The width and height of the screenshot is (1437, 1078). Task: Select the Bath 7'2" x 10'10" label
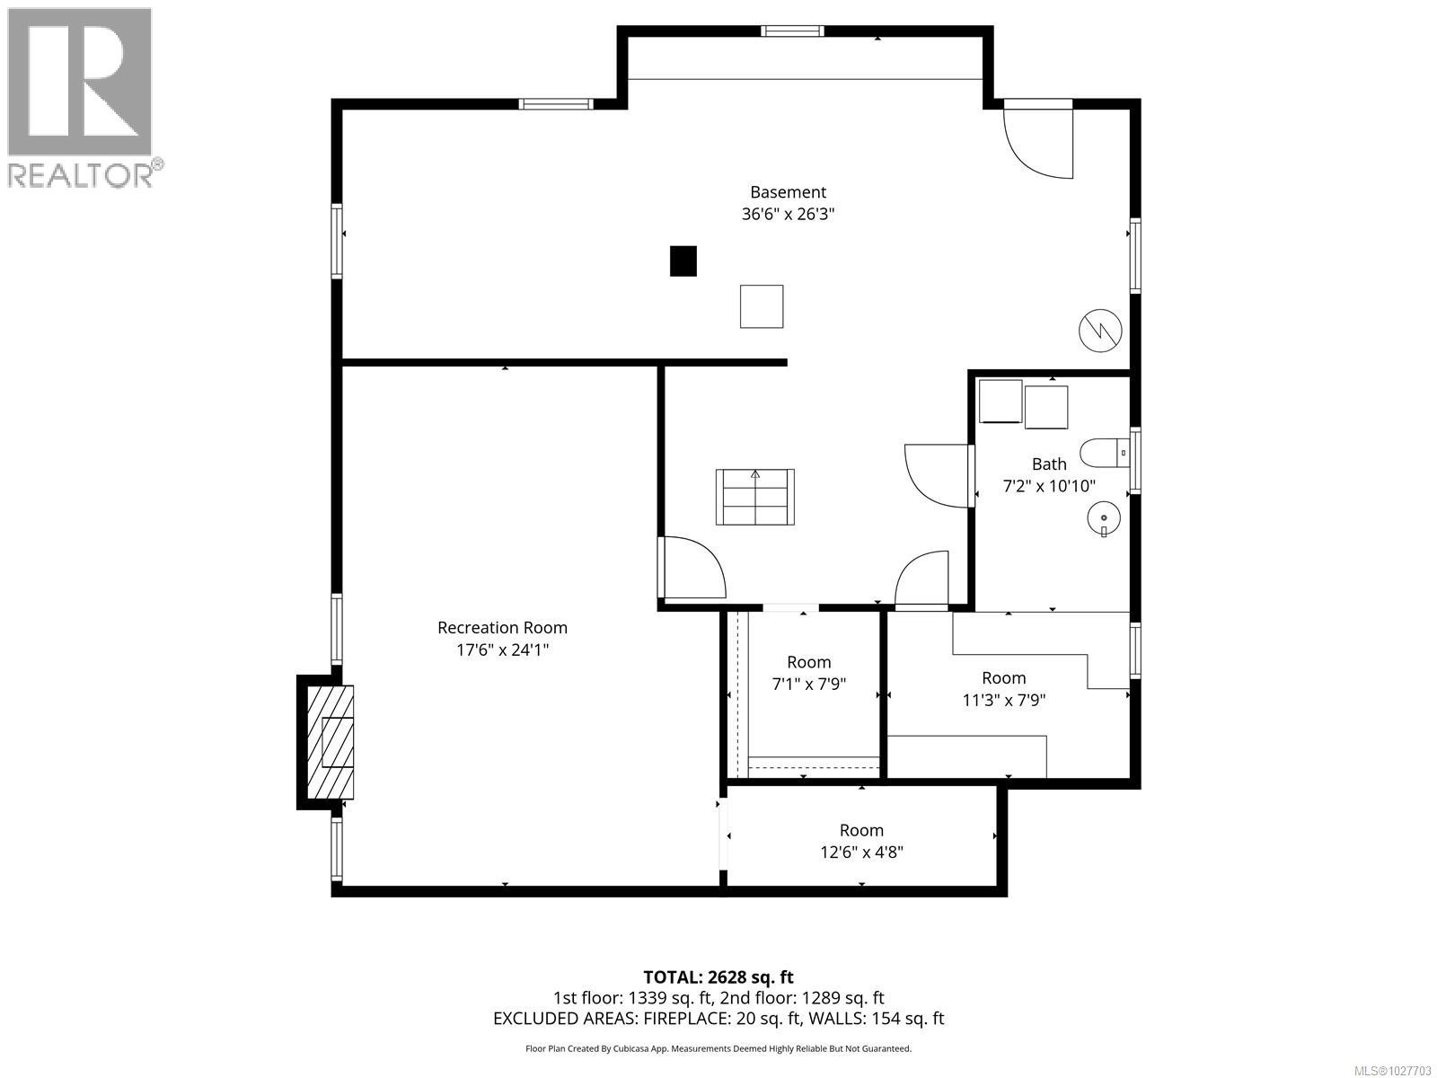(x=1048, y=474)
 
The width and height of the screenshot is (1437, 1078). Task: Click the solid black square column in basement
(x=683, y=261)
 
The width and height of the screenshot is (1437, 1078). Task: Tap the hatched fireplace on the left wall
(x=331, y=742)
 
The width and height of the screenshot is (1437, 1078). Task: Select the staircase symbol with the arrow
(x=755, y=497)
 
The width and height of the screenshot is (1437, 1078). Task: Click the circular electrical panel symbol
(x=1100, y=331)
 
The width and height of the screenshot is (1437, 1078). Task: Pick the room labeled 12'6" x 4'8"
(x=861, y=841)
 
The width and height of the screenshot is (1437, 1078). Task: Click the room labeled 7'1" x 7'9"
(x=808, y=673)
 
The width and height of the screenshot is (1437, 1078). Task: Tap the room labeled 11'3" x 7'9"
(x=1003, y=688)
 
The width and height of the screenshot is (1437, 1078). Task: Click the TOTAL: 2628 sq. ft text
(x=718, y=976)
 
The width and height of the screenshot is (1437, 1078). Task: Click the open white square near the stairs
(x=762, y=306)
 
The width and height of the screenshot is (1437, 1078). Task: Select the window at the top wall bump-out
(x=792, y=31)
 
